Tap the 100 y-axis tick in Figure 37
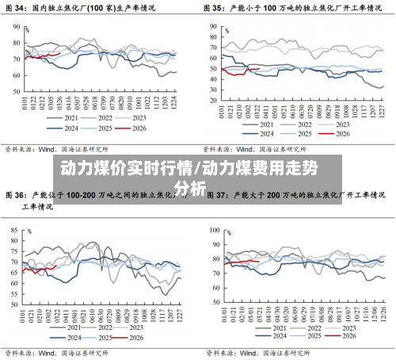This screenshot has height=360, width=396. tap(215, 228)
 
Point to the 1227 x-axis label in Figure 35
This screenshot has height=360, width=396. tap(381, 105)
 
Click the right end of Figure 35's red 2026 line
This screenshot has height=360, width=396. tap(259, 68)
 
